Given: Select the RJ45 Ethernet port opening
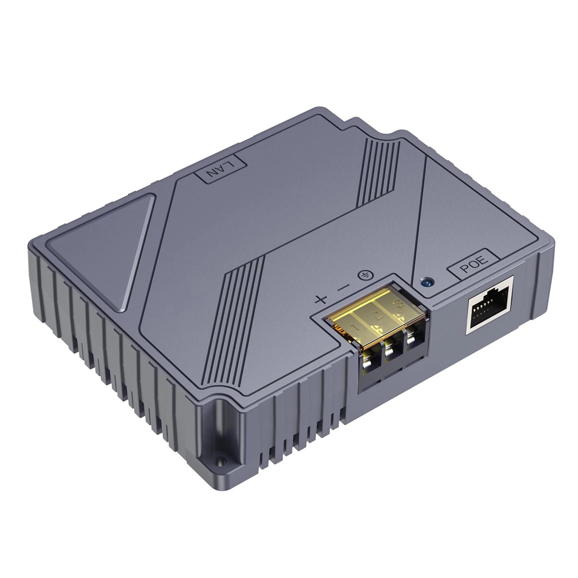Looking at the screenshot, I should [490, 305].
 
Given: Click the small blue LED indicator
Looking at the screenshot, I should [428, 282].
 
